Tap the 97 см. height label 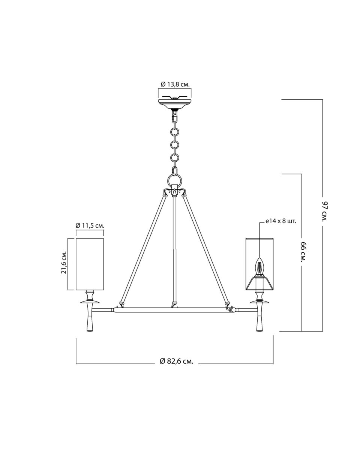(x=325, y=211)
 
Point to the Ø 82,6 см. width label (x=176, y=361)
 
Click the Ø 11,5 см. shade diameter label (x=90, y=225)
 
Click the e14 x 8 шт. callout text (x=280, y=221)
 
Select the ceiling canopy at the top (x=174, y=103)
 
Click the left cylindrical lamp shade (x=90, y=264)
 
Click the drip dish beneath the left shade (x=90, y=301)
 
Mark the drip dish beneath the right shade (x=259, y=301)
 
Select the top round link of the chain (x=174, y=132)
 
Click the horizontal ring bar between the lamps (x=174, y=310)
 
